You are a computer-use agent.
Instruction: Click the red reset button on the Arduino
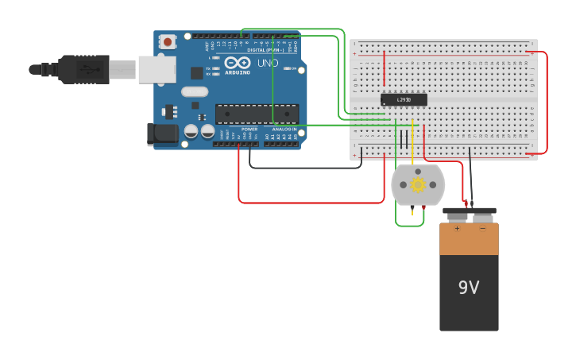point(167,41)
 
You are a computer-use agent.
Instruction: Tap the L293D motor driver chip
point(404,99)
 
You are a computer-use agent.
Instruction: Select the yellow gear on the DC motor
point(418,184)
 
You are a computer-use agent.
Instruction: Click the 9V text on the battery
point(469,288)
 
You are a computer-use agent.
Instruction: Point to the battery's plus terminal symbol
point(457,228)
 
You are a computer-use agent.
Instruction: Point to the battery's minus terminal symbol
point(482,228)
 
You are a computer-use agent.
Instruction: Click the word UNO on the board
point(268,63)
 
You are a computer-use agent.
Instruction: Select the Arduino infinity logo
point(237,62)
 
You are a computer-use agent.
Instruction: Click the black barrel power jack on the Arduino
point(164,134)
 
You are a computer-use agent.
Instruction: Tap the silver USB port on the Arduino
point(157,69)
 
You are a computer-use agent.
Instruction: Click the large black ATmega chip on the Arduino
point(257,114)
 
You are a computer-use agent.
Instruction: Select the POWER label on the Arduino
point(249,129)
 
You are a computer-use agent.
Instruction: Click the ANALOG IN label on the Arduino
point(284,129)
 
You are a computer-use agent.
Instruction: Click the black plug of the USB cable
point(83,69)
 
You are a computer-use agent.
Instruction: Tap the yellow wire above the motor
point(412,143)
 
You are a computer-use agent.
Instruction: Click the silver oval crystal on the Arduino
point(195,91)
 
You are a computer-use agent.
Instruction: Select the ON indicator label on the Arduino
point(293,69)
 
